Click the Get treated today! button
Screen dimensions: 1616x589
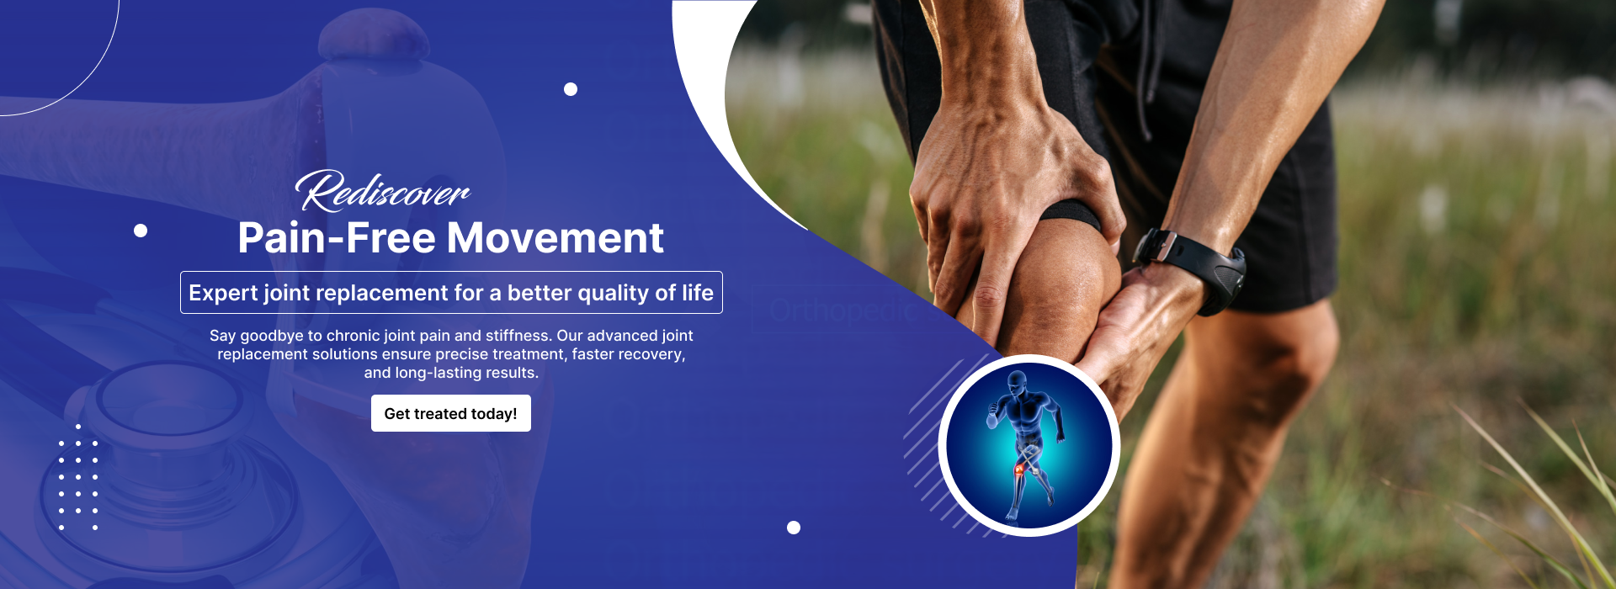click(x=451, y=413)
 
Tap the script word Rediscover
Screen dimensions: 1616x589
click(x=383, y=191)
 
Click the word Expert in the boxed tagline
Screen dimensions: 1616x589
click(x=223, y=293)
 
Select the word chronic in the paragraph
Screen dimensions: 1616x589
click(x=353, y=336)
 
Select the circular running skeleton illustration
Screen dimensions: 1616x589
click(x=1029, y=445)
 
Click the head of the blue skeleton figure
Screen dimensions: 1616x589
click(x=1018, y=383)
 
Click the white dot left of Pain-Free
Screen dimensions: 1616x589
click(x=141, y=231)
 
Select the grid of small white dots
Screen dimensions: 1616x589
click(x=78, y=477)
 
